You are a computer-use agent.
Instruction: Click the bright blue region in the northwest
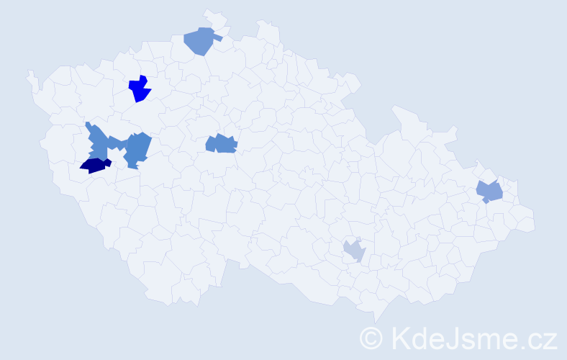139,89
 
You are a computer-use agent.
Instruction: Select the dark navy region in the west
94,166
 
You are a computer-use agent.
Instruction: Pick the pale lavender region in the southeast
354,251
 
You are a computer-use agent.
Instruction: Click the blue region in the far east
491,191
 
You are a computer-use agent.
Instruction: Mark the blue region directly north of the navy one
98,143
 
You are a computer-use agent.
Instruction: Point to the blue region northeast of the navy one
137,148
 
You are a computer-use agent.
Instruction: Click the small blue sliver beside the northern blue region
217,38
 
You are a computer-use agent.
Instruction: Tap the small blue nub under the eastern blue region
486,201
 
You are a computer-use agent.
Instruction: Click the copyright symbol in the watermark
371,338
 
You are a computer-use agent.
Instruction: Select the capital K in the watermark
400,337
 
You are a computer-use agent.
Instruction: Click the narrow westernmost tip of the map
30,74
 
